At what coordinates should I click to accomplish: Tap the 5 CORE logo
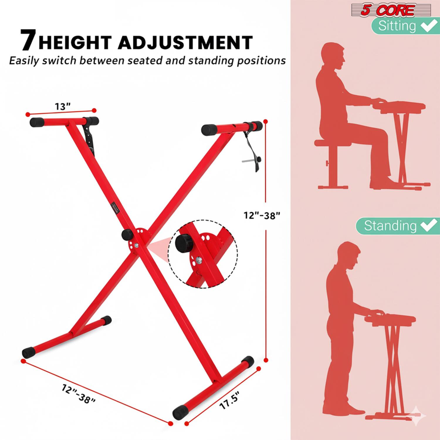(388, 10)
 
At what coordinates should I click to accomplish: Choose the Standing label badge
(398, 226)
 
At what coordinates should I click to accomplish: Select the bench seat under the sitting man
(333, 143)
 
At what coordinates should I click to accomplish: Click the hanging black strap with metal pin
(253, 153)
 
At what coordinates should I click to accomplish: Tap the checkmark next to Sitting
(429, 26)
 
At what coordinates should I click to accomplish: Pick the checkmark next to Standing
(429, 226)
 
